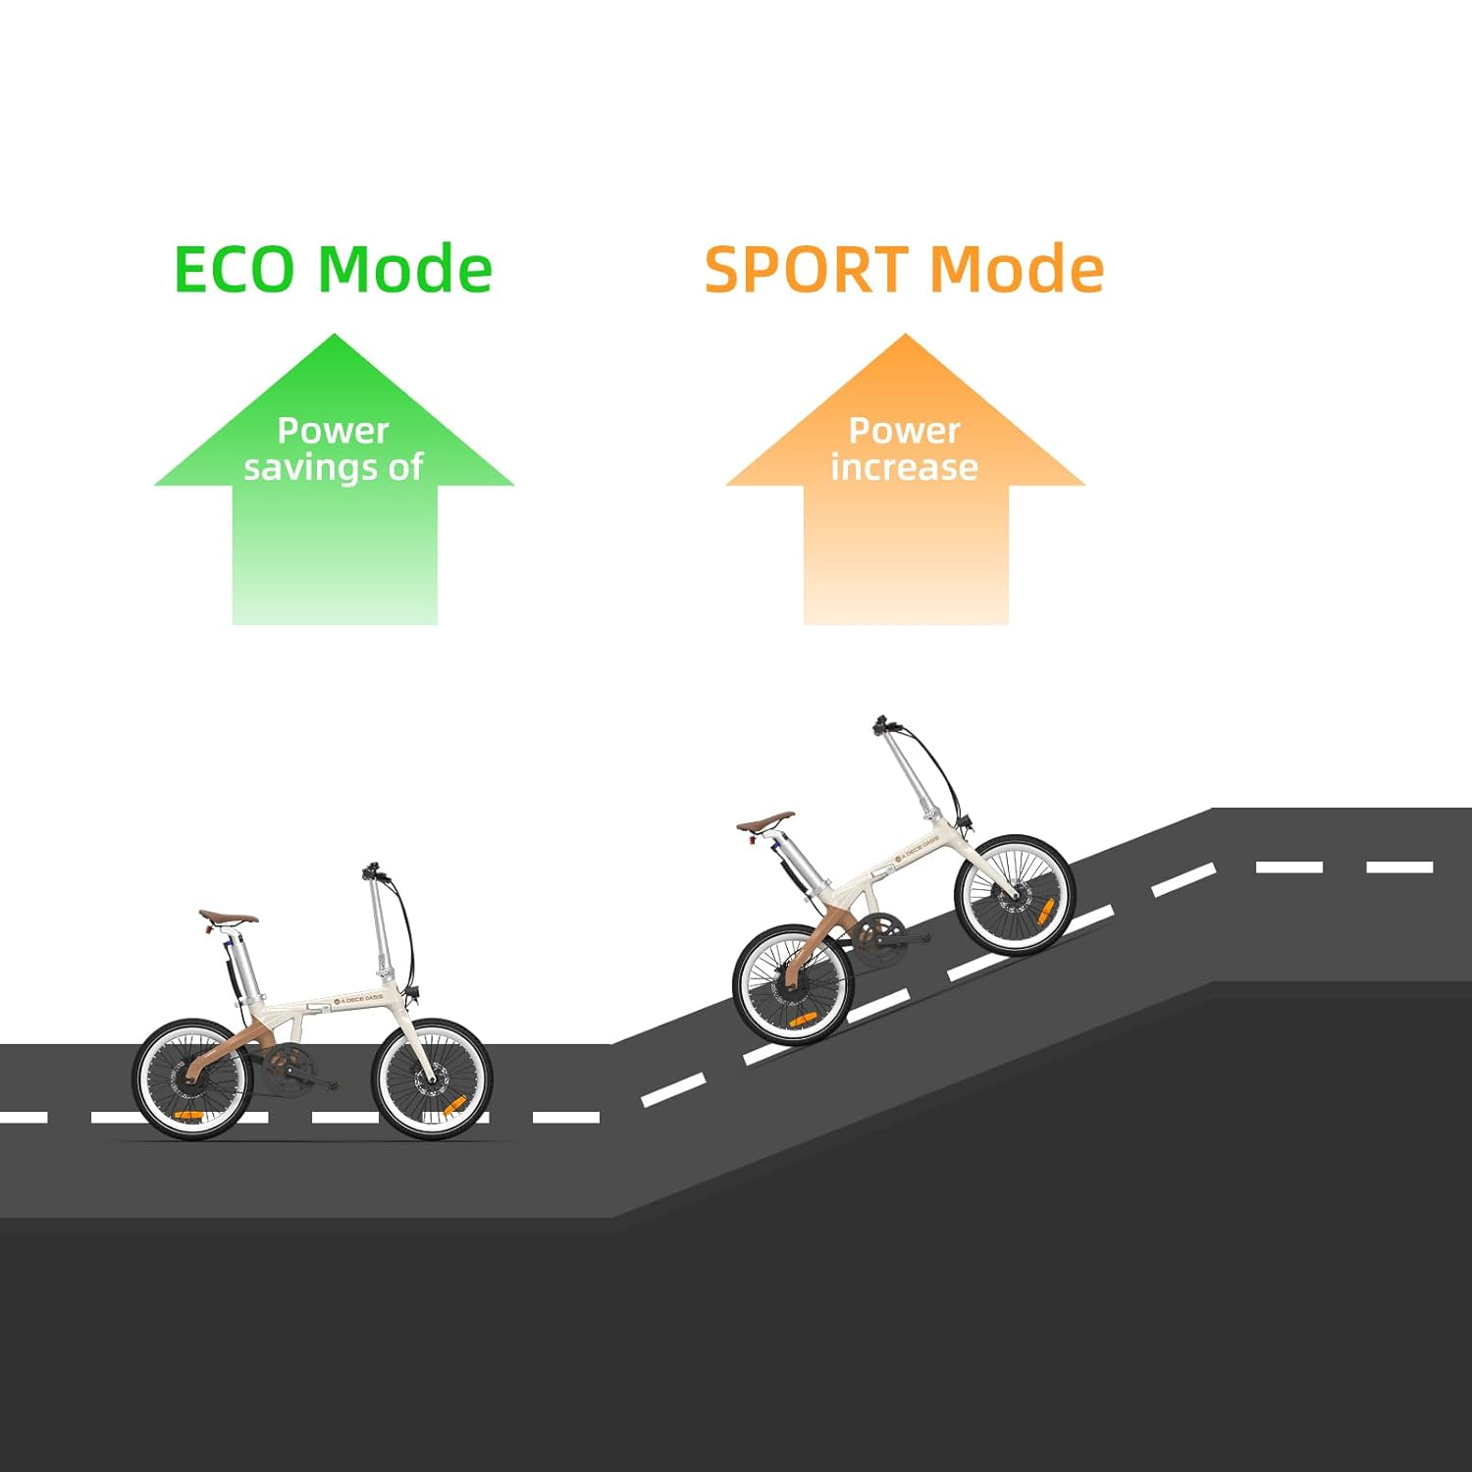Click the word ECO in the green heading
(x=234, y=270)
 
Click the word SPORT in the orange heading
(x=806, y=270)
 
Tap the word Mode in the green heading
(x=405, y=270)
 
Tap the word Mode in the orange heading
(x=1017, y=270)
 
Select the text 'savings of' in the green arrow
(x=334, y=468)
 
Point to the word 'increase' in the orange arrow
(x=904, y=468)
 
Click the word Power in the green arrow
(x=334, y=430)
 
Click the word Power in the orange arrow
(x=904, y=430)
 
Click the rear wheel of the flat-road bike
(x=192, y=1078)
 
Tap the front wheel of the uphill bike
(x=1015, y=894)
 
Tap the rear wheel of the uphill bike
(x=791, y=983)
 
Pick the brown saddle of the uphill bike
(x=766, y=820)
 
